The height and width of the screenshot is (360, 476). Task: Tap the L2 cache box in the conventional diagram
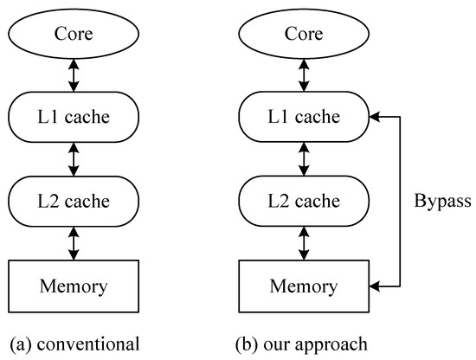click(x=74, y=202)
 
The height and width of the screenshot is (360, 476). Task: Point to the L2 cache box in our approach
click(x=302, y=202)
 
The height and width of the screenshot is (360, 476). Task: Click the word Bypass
click(x=441, y=202)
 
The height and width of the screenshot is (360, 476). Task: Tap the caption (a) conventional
click(x=74, y=344)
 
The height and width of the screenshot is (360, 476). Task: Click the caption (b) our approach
click(x=302, y=344)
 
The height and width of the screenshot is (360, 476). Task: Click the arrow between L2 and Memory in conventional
click(x=74, y=243)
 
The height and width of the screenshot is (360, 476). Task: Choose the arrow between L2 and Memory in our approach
click(x=302, y=243)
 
